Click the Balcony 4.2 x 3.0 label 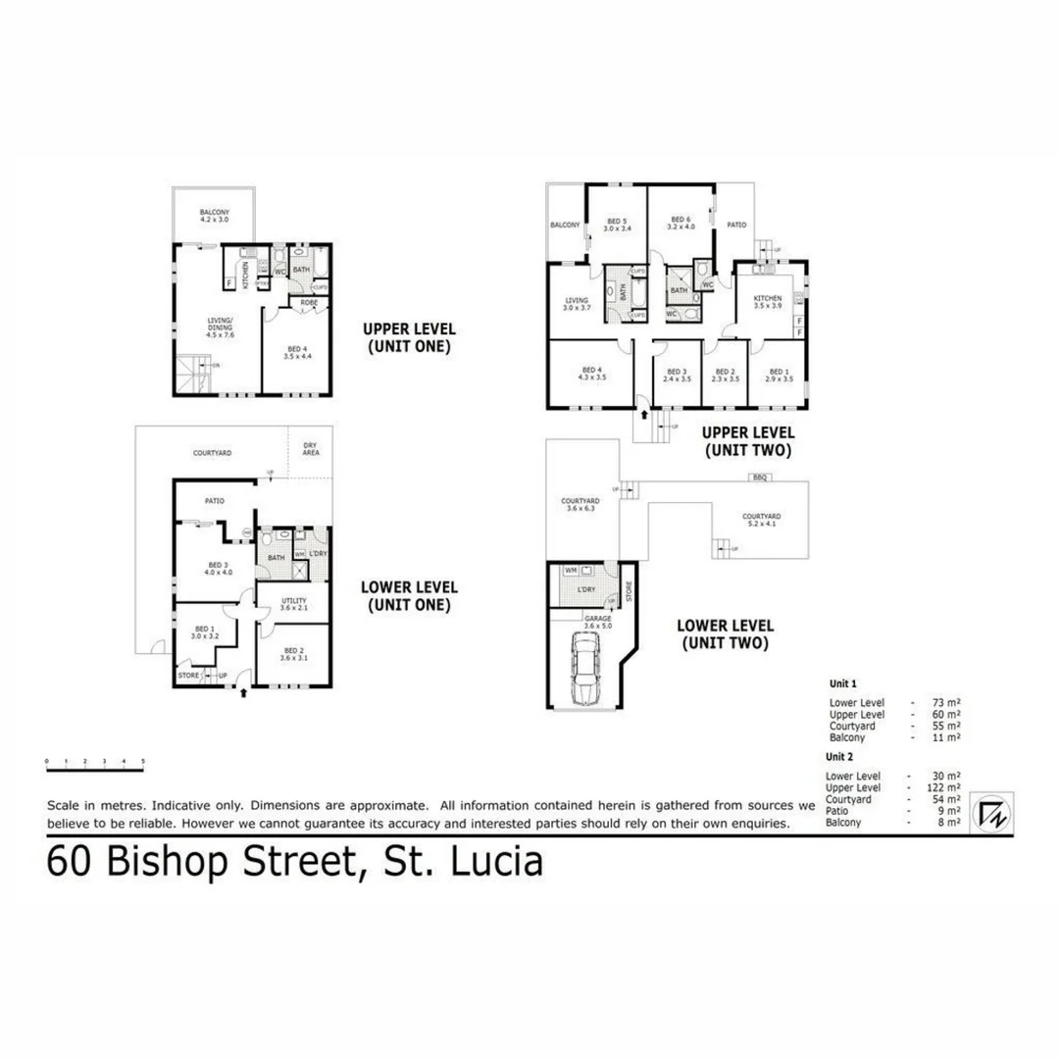click(214, 216)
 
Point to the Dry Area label click(311, 449)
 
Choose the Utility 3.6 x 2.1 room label click(294, 605)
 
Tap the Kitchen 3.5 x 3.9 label click(767, 301)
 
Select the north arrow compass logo click(988, 813)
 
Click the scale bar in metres click(95, 761)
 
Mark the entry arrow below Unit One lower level click(243, 693)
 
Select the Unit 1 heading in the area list click(842, 683)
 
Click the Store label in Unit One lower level click(188, 676)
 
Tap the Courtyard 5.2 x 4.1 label click(760, 520)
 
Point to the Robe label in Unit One click(307, 303)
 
